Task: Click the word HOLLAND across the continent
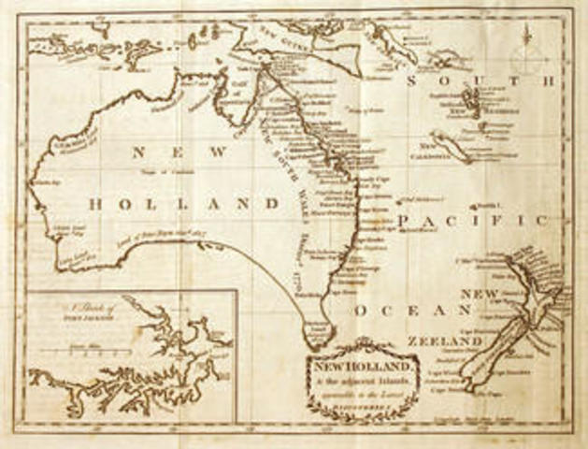[184, 203]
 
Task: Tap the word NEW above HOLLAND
[179, 152]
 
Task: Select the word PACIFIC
[472, 219]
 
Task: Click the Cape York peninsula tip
[264, 67]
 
